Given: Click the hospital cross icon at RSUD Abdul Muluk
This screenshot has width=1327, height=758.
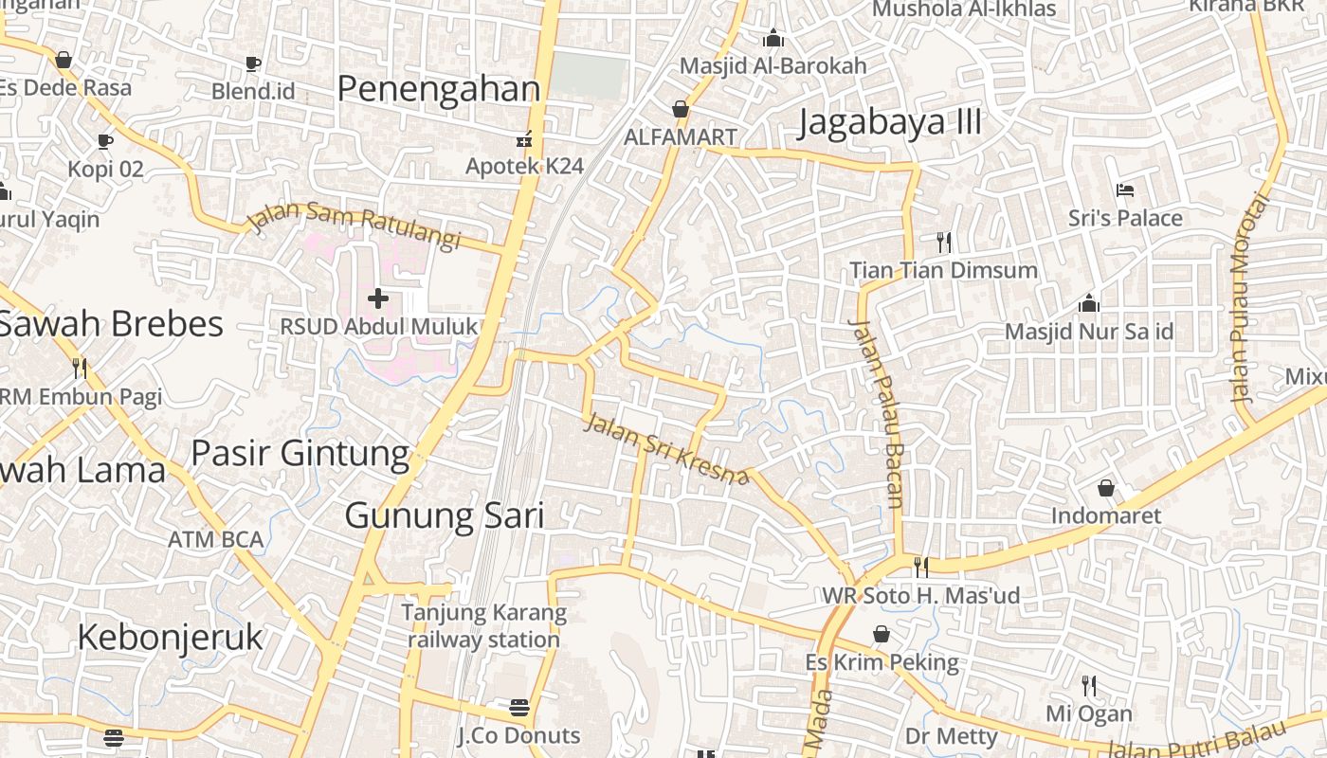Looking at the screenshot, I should (x=378, y=299).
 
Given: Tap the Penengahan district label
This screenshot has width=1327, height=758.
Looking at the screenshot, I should (x=438, y=89).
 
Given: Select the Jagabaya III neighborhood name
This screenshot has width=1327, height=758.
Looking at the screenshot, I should (x=890, y=123).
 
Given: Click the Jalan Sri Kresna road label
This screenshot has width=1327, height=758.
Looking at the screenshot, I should (x=666, y=449).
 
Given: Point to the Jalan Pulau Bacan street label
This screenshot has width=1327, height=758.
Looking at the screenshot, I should (x=878, y=413).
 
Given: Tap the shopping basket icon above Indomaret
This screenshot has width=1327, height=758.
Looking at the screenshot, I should (x=1105, y=488).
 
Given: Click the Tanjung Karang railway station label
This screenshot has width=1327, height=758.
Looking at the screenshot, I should (x=483, y=626).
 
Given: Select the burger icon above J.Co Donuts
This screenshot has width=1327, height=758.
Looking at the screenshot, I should (x=518, y=708).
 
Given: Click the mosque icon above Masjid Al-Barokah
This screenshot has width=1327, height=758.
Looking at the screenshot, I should (x=773, y=38).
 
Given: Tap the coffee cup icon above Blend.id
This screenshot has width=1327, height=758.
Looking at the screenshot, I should (x=253, y=63).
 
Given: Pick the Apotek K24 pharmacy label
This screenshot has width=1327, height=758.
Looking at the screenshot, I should (x=524, y=166).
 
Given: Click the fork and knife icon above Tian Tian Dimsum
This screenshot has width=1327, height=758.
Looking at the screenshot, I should (x=943, y=243).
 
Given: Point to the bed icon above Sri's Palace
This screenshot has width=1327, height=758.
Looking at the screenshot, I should (x=1125, y=190).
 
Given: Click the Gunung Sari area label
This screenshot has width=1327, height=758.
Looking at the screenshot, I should (x=445, y=516).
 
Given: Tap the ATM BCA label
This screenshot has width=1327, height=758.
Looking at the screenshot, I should (x=216, y=540).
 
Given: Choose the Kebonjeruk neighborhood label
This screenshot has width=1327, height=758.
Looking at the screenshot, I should (x=170, y=638).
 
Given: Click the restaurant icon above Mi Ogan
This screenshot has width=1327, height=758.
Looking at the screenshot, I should (x=1089, y=685).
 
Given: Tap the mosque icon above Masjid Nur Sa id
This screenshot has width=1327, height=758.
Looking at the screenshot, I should (x=1089, y=303).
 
